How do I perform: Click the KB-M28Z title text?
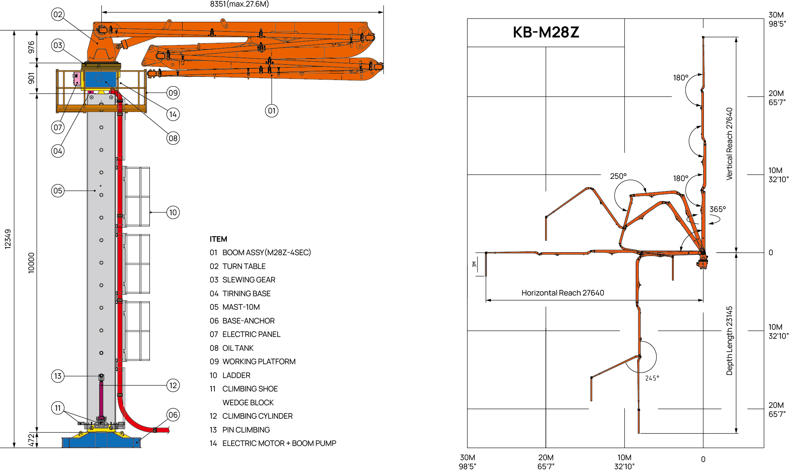pyautogui.click(x=545, y=32)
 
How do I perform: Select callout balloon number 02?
pyautogui.click(x=58, y=15)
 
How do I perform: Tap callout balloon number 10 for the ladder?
pyautogui.click(x=173, y=212)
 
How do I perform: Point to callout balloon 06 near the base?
pyautogui.click(x=173, y=415)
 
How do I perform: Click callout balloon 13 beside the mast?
pyautogui.click(x=58, y=376)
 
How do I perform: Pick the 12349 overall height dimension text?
pyautogui.click(x=8, y=239)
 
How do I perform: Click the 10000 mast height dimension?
pyautogui.click(x=31, y=262)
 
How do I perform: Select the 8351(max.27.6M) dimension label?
pyautogui.click(x=240, y=4)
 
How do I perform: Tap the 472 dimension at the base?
pyautogui.click(x=31, y=440)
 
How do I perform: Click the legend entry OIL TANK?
pyautogui.click(x=238, y=348)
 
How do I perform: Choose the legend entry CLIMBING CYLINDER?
pyautogui.click(x=257, y=416)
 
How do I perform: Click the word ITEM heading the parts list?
pyautogui.click(x=218, y=239)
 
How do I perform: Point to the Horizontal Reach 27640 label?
pyautogui.click(x=563, y=293)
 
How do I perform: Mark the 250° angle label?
pyautogui.click(x=618, y=176)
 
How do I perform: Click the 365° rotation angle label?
pyautogui.click(x=718, y=209)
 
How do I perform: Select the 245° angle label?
pyautogui.click(x=652, y=378)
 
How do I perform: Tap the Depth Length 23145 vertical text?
pyautogui.click(x=729, y=341)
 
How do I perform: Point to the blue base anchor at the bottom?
pyautogui.click(x=101, y=441)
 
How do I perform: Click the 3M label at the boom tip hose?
pyautogui.click(x=474, y=264)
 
